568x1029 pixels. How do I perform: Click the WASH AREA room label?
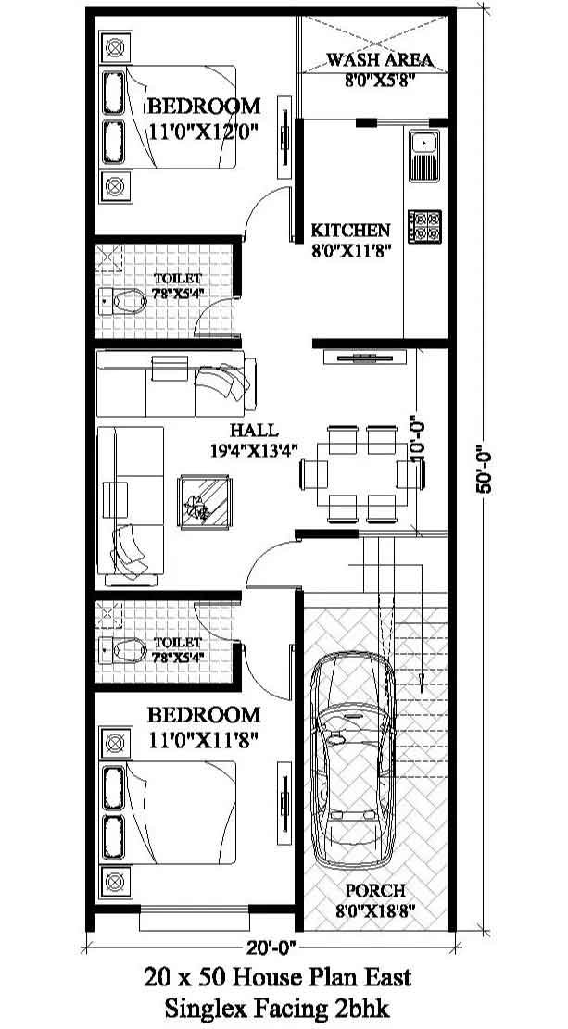pyautogui.click(x=380, y=60)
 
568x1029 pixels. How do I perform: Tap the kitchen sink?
pyautogui.click(x=424, y=157)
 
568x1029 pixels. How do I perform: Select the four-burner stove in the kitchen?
pyautogui.click(x=424, y=226)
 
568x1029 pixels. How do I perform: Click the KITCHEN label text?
pyautogui.click(x=350, y=231)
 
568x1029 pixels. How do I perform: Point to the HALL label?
pyautogui.click(x=254, y=431)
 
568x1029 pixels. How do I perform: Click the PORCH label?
pyautogui.click(x=375, y=890)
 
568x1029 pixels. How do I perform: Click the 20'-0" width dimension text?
pyautogui.click(x=272, y=947)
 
